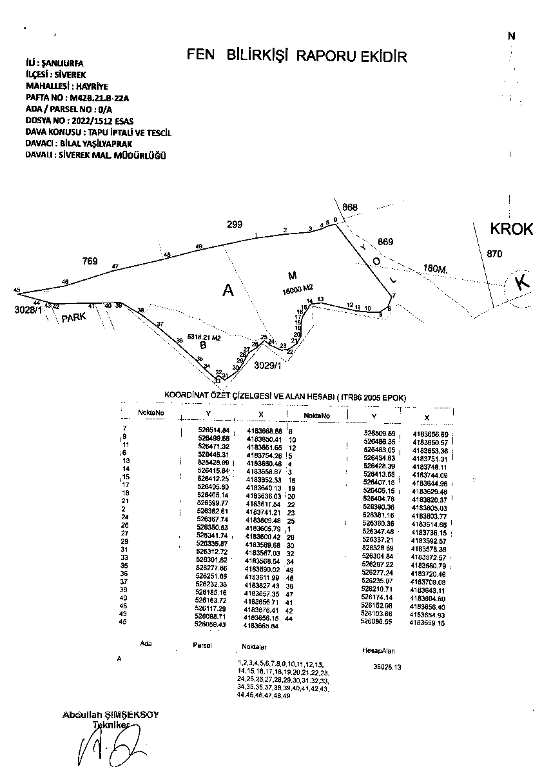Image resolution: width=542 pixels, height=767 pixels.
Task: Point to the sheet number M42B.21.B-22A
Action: coord(99,98)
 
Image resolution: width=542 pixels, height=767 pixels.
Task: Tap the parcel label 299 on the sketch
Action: coord(235,224)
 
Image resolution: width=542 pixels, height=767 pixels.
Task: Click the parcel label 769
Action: coord(90,261)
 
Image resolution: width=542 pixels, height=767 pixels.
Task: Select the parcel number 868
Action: coord(350,207)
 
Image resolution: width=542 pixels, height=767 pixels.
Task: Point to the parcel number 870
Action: coord(494,254)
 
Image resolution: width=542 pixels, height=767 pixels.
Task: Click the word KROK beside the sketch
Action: coord(512,229)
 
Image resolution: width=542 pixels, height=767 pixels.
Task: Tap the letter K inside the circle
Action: coord(523,283)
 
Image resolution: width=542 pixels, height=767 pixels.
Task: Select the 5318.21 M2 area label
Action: coord(204,337)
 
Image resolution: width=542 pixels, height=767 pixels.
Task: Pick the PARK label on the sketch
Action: coord(74,317)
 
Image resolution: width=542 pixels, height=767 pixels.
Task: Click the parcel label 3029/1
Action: coord(268,365)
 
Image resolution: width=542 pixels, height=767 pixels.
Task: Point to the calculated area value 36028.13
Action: coord(387,668)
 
